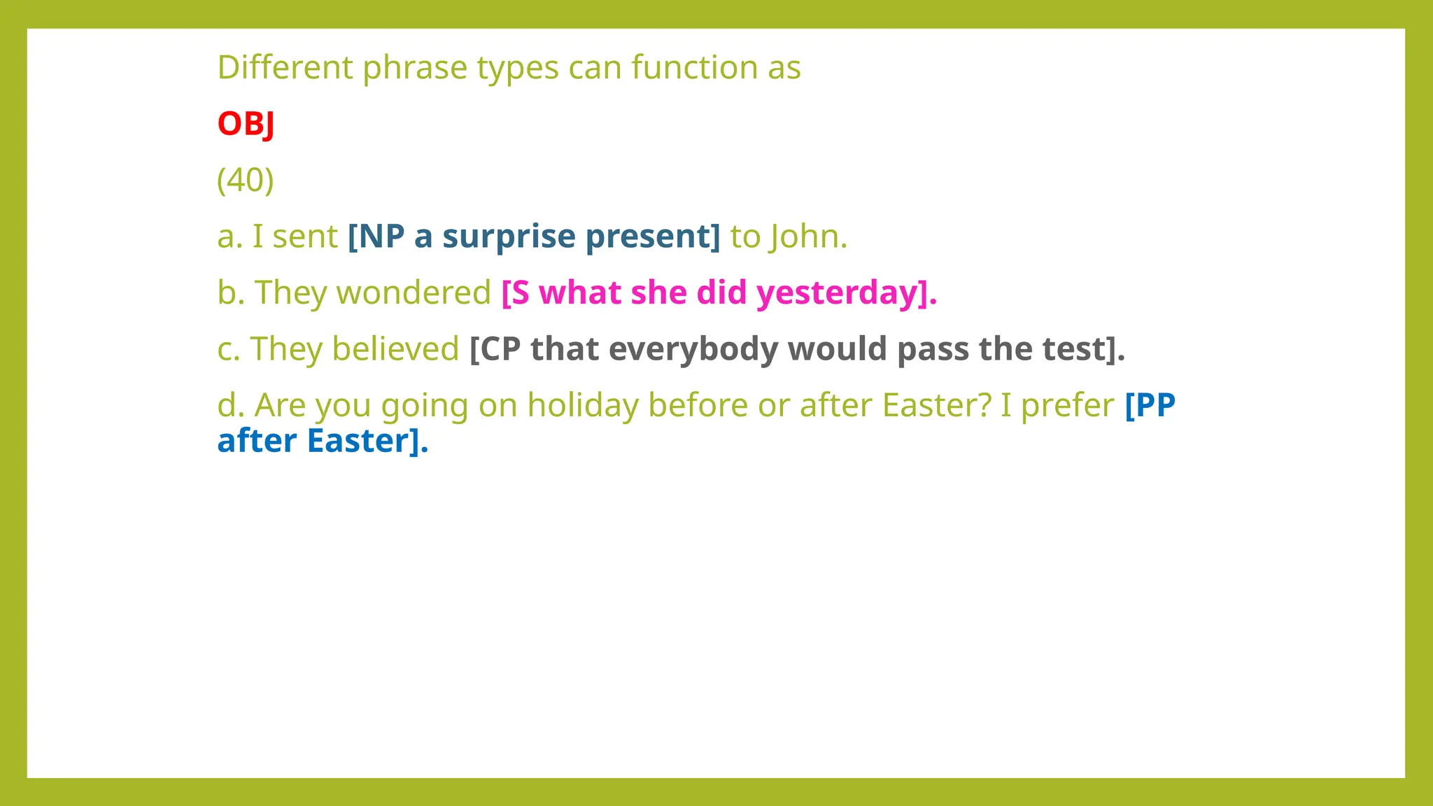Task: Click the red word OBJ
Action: click(246, 124)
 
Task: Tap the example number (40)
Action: click(246, 180)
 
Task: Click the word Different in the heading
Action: click(285, 68)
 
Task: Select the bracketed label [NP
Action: click(376, 236)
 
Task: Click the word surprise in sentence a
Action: click(509, 236)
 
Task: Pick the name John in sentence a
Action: click(808, 236)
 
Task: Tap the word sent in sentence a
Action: click(305, 236)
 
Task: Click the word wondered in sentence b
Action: click(414, 292)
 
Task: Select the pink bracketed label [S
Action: click(516, 292)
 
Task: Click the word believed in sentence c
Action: click(395, 348)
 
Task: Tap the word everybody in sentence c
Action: click(693, 348)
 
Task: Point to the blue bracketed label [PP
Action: click(1150, 405)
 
